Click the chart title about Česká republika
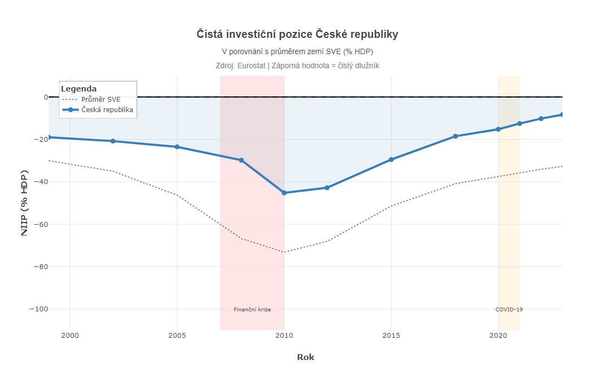(x=297, y=35)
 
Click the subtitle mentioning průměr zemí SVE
(x=297, y=51)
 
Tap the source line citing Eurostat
(x=297, y=66)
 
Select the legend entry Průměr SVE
(x=101, y=100)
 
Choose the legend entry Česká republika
(x=107, y=110)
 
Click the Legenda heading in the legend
(x=79, y=89)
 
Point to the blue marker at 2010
(x=284, y=193)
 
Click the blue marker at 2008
(x=241, y=160)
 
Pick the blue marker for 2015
(x=391, y=160)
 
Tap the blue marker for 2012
(x=327, y=188)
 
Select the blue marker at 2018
(x=455, y=136)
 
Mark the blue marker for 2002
(x=113, y=141)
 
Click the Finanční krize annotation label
(x=252, y=310)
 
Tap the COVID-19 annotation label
(x=509, y=310)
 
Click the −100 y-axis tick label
(x=38, y=309)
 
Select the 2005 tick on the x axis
(x=177, y=336)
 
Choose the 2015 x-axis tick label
(x=391, y=336)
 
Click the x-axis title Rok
(x=306, y=357)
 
